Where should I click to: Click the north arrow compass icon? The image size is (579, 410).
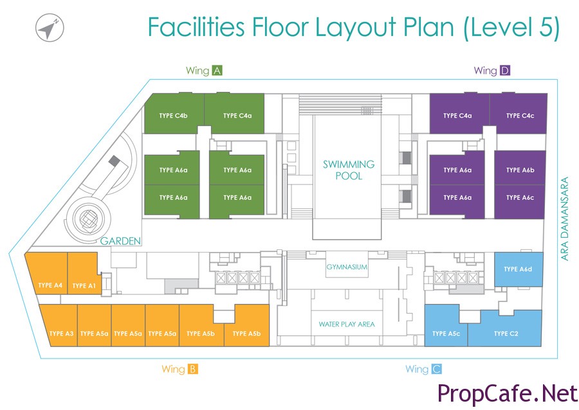[50, 27]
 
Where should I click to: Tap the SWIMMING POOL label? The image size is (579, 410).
[349, 170]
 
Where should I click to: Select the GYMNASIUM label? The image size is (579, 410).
[347, 267]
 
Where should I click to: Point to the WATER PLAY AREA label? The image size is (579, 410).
[347, 324]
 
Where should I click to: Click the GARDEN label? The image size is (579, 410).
[121, 241]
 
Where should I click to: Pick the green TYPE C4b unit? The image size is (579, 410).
[174, 113]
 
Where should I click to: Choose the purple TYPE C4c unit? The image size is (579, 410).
[519, 113]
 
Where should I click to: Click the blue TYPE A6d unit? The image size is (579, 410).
[519, 269]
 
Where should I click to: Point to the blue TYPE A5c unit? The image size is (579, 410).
[446, 328]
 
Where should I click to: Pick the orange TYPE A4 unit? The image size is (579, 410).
[49, 274]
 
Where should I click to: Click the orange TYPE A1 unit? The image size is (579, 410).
[84, 274]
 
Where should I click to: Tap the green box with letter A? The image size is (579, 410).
[217, 71]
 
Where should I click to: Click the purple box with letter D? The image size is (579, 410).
[505, 71]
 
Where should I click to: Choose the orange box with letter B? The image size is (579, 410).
[193, 369]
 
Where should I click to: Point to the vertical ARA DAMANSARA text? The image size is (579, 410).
[565, 219]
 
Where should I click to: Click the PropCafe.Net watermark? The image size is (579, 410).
[508, 393]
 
